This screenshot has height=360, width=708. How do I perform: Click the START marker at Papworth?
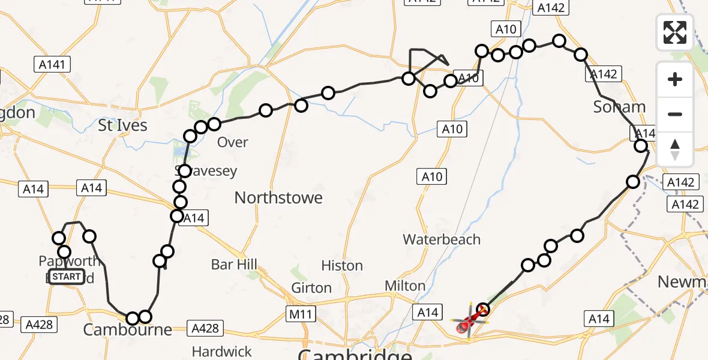pyautogui.click(x=66, y=277)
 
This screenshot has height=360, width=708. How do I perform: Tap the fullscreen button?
pyautogui.click(x=675, y=32)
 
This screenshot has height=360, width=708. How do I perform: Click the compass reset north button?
pyautogui.click(x=675, y=149)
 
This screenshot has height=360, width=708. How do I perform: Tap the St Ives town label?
pyautogui.click(x=122, y=125)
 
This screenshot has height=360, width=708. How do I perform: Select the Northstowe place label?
pyautogui.click(x=278, y=197)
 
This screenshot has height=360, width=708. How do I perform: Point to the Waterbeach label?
pyautogui.click(x=442, y=239)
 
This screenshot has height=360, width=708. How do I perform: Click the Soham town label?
pyautogui.click(x=619, y=107)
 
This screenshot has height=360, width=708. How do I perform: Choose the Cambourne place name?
pyautogui.click(x=127, y=329)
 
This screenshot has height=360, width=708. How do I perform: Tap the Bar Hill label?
pyautogui.click(x=234, y=264)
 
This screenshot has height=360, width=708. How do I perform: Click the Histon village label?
pyautogui.click(x=342, y=265)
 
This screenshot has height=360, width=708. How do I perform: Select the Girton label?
pyautogui.click(x=311, y=288)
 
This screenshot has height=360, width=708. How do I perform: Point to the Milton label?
pyautogui.click(x=405, y=286)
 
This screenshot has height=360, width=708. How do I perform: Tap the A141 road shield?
pyautogui.click(x=53, y=64)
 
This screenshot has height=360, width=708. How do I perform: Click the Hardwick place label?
pyautogui.click(x=222, y=350)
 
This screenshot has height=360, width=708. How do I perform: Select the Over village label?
pyautogui.click(x=233, y=142)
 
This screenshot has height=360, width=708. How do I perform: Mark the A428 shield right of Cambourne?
pyautogui.click(x=205, y=328)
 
